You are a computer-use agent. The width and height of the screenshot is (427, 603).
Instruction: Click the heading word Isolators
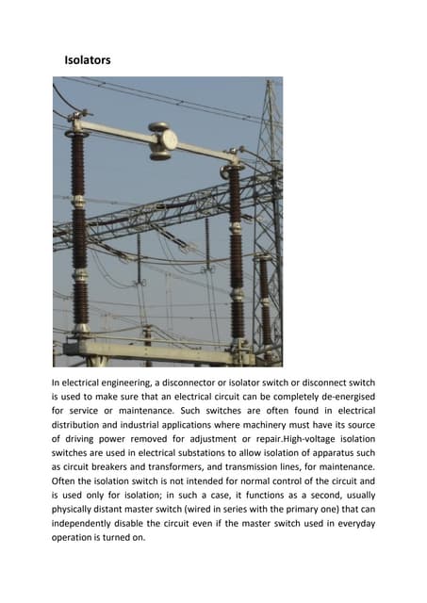coord(87,60)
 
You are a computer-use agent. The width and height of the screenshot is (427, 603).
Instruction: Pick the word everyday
coord(353,524)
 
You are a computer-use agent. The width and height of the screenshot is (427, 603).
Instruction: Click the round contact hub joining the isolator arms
coord(159,139)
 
